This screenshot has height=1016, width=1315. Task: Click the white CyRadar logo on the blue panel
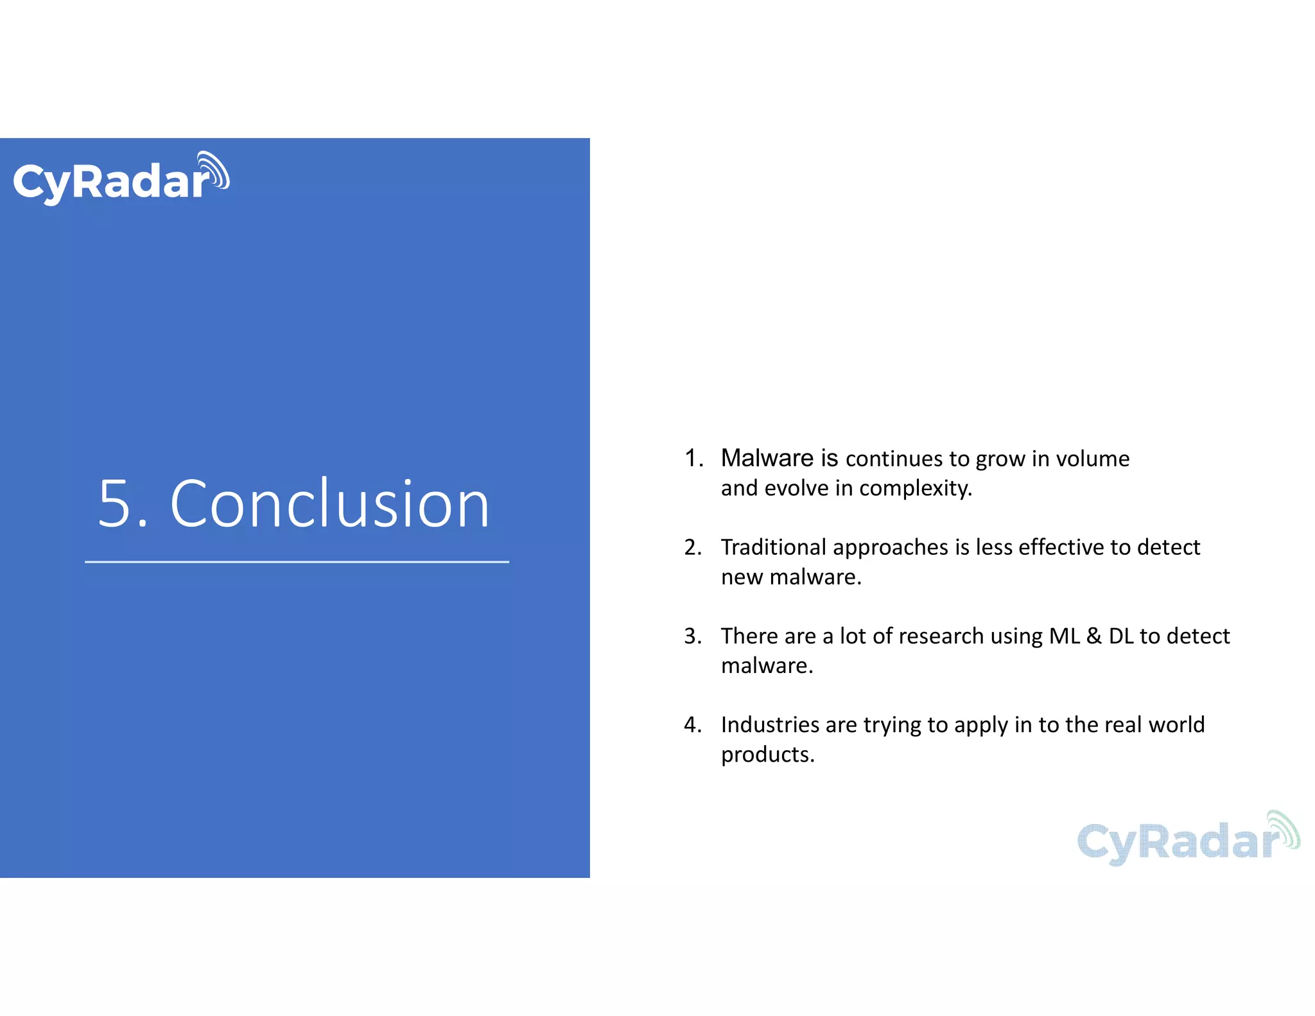pyautogui.click(x=121, y=179)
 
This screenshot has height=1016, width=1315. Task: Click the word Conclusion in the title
pyautogui.click(x=330, y=504)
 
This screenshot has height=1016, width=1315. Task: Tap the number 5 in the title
pyautogui.click(x=115, y=504)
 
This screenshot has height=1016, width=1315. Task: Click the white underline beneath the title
pyautogui.click(x=297, y=562)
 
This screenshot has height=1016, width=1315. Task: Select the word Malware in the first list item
pyautogui.click(x=767, y=459)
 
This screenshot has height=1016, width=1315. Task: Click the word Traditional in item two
pyautogui.click(x=773, y=547)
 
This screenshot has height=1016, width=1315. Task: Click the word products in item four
pyautogui.click(x=767, y=755)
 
